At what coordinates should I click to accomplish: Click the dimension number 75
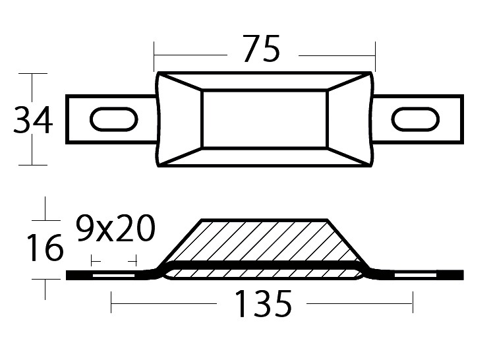262,48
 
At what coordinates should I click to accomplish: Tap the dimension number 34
33,120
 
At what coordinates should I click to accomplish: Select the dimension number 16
45,247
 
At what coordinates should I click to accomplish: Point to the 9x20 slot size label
115,227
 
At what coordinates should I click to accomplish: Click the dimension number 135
263,304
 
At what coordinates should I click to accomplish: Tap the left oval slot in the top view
114,119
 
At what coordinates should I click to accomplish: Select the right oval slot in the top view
415,119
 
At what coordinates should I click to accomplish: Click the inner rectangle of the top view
264,119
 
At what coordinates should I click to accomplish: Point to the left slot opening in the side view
113,276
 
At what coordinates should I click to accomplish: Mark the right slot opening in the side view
415,276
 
